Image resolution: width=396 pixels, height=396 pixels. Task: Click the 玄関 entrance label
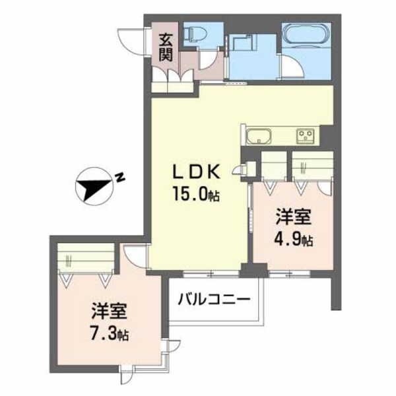[x=166, y=46]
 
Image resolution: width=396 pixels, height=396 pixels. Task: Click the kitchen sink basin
[x=257, y=138]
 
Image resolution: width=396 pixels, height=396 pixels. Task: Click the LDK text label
[x=195, y=173]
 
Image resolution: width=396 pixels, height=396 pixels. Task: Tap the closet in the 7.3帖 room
[x=85, y=259]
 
